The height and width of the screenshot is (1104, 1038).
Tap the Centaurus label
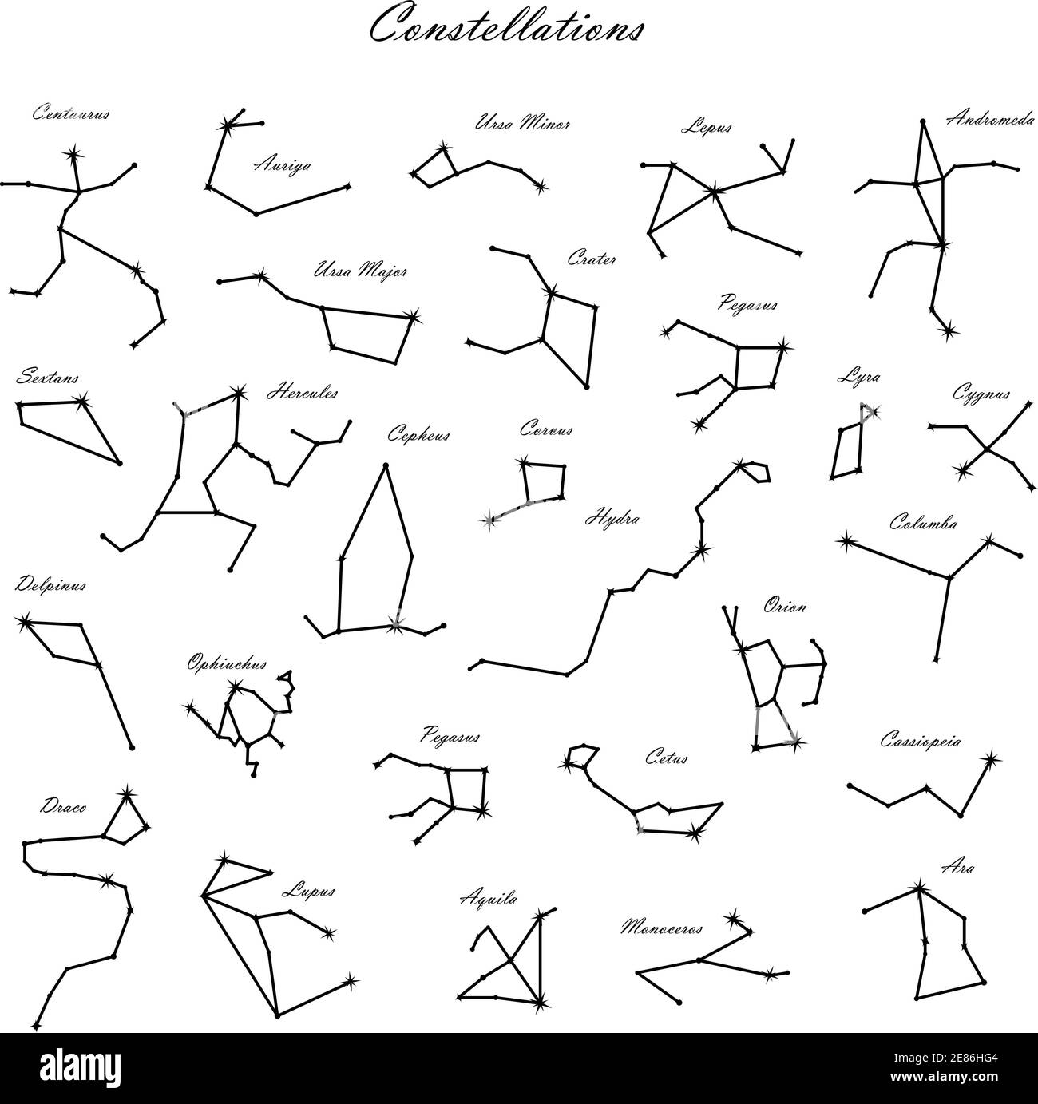71,113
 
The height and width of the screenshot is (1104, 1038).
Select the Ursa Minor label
523,124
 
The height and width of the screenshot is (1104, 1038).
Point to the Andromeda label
989,119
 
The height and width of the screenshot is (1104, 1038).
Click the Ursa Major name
361,271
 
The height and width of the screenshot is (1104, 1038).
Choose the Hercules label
302,393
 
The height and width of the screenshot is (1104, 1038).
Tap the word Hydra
612,518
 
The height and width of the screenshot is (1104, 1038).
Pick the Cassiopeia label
921,741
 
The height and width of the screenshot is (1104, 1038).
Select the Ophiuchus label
227,663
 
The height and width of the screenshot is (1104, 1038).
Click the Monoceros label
662,928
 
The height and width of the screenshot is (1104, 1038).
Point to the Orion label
784,607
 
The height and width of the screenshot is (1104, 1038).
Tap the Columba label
924,524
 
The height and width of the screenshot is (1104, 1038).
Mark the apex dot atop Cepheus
386,465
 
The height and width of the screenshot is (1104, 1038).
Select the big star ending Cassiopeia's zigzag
991,758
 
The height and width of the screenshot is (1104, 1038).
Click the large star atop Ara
919,888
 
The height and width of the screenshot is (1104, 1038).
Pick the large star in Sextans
81,402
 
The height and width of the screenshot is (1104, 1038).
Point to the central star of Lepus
713,191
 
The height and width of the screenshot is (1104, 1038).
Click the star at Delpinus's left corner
24,620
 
